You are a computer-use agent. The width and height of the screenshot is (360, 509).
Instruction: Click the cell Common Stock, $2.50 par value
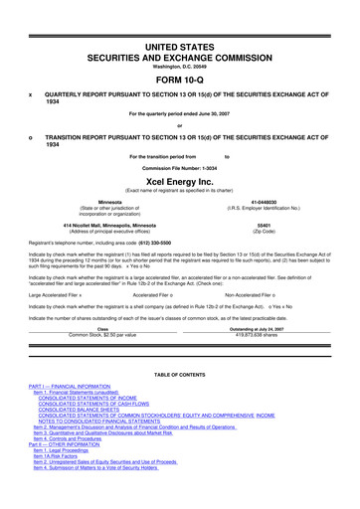pos(102,334)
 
